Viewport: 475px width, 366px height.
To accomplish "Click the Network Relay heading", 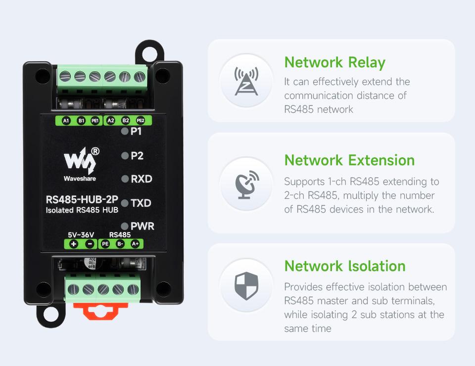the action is pyautogui.click(x=335, y=63).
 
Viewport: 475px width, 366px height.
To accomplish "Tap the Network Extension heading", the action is pyautogui.click(x=349, y=160).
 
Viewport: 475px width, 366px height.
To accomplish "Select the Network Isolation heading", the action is pyautogui.click(x=345, y=266).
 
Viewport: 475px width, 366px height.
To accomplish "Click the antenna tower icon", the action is pyautogui.click(x=246, y=81).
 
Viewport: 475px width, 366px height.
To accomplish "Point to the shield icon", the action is pyautogui.click(x=246, y=286).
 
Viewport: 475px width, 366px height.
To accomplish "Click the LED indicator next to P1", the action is pyautogui.click(x=125, y=132).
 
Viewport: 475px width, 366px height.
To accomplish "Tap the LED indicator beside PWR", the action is pyautogui.click(x=125, y=226).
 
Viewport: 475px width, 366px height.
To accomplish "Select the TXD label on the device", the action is pyautogui.click(x=141, y=203).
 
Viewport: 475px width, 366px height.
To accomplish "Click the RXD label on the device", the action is pyautogui.click(x=142, y=179).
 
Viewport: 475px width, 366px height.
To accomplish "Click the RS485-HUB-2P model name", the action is pyautogui.click(x=82, y=199).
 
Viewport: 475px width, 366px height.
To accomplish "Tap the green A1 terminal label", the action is pyautogui.click(x=66, y=121).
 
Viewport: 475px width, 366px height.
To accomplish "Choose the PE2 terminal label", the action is pyautogui.click(x=140, y=121).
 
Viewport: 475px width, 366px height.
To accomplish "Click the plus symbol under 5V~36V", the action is pyautogui.click(x=74, y=244).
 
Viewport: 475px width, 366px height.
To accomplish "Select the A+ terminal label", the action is pyautogui.click(x=135, y=244).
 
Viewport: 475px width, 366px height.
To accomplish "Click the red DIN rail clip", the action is pyautogui.click(x=100, y=311).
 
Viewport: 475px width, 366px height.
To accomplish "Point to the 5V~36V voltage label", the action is pyautogui.click(x=81, y=235).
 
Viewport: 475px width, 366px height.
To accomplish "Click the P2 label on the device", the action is pyautogui.click(x=137, y=156).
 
